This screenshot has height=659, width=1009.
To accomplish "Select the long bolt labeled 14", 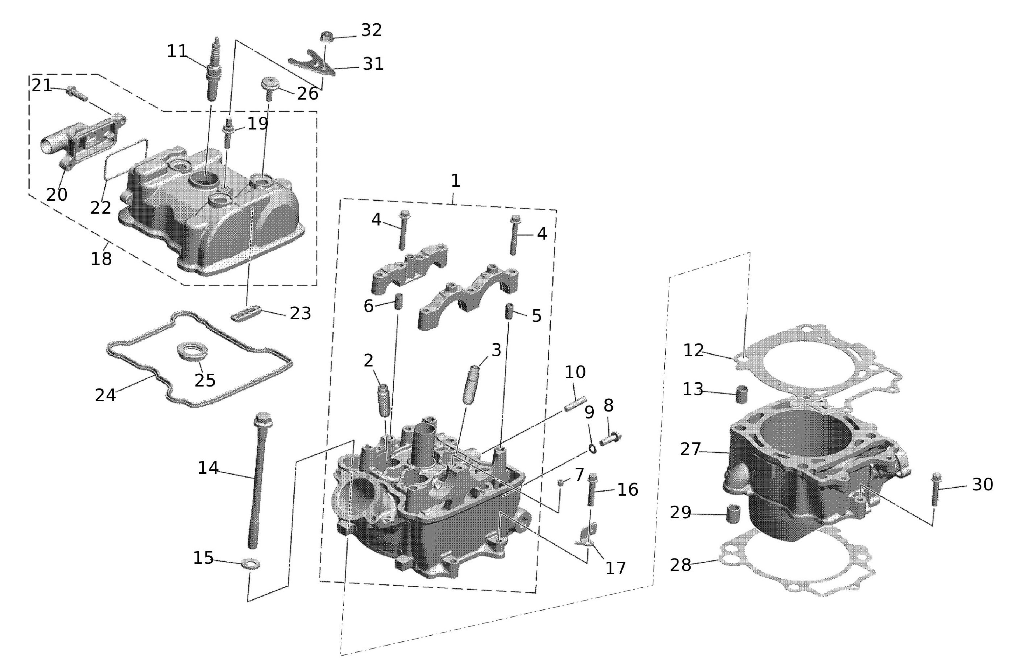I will coord(258,479).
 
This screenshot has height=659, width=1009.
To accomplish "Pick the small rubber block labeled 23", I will coord(245,314).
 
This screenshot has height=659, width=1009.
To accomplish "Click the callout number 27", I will coord(690,450).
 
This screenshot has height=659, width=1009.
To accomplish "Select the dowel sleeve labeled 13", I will coord(742,395).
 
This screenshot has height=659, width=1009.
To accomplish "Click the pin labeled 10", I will coord(575,403).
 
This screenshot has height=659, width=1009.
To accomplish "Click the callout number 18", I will coord(101,258).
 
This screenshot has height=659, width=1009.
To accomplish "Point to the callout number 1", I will coord(455,181).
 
